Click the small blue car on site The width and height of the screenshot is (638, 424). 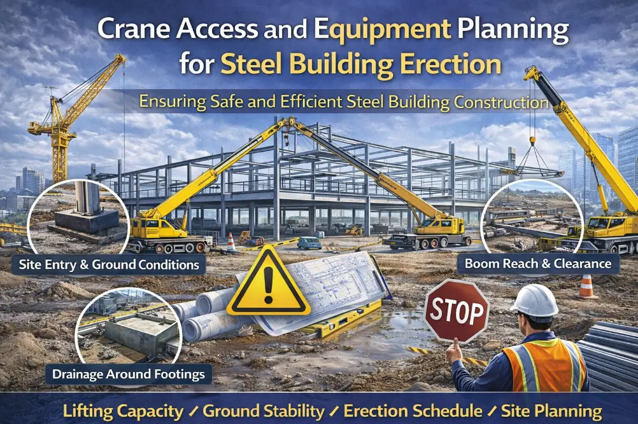(x=309, y=242)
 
